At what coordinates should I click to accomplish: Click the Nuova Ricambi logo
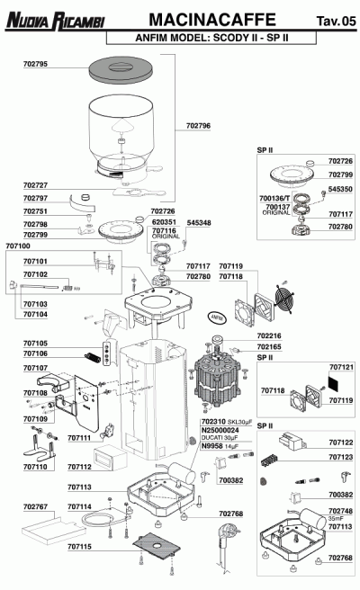(x=54, y=19)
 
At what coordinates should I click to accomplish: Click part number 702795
(x=35, y=65)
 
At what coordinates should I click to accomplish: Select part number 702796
(x=198, y=126)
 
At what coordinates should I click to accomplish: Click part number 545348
(x=199, y=222)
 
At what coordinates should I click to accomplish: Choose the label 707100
(x=17, y=246)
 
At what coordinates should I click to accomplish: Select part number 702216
(x=269, y=335)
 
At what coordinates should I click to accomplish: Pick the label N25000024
(x=218, y=430)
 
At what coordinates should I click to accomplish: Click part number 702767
(x=35, y=506)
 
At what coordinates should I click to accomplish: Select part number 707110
(x=35, y=468)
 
